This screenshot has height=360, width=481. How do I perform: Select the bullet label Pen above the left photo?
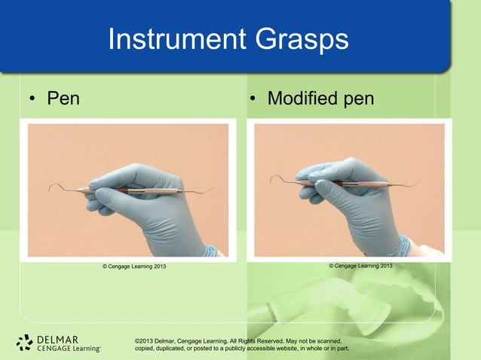63,98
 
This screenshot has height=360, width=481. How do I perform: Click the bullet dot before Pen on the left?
33,99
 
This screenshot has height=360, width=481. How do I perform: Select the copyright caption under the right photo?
360,266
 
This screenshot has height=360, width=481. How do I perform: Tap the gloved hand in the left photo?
151,203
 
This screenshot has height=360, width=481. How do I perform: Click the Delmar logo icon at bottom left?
24,343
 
